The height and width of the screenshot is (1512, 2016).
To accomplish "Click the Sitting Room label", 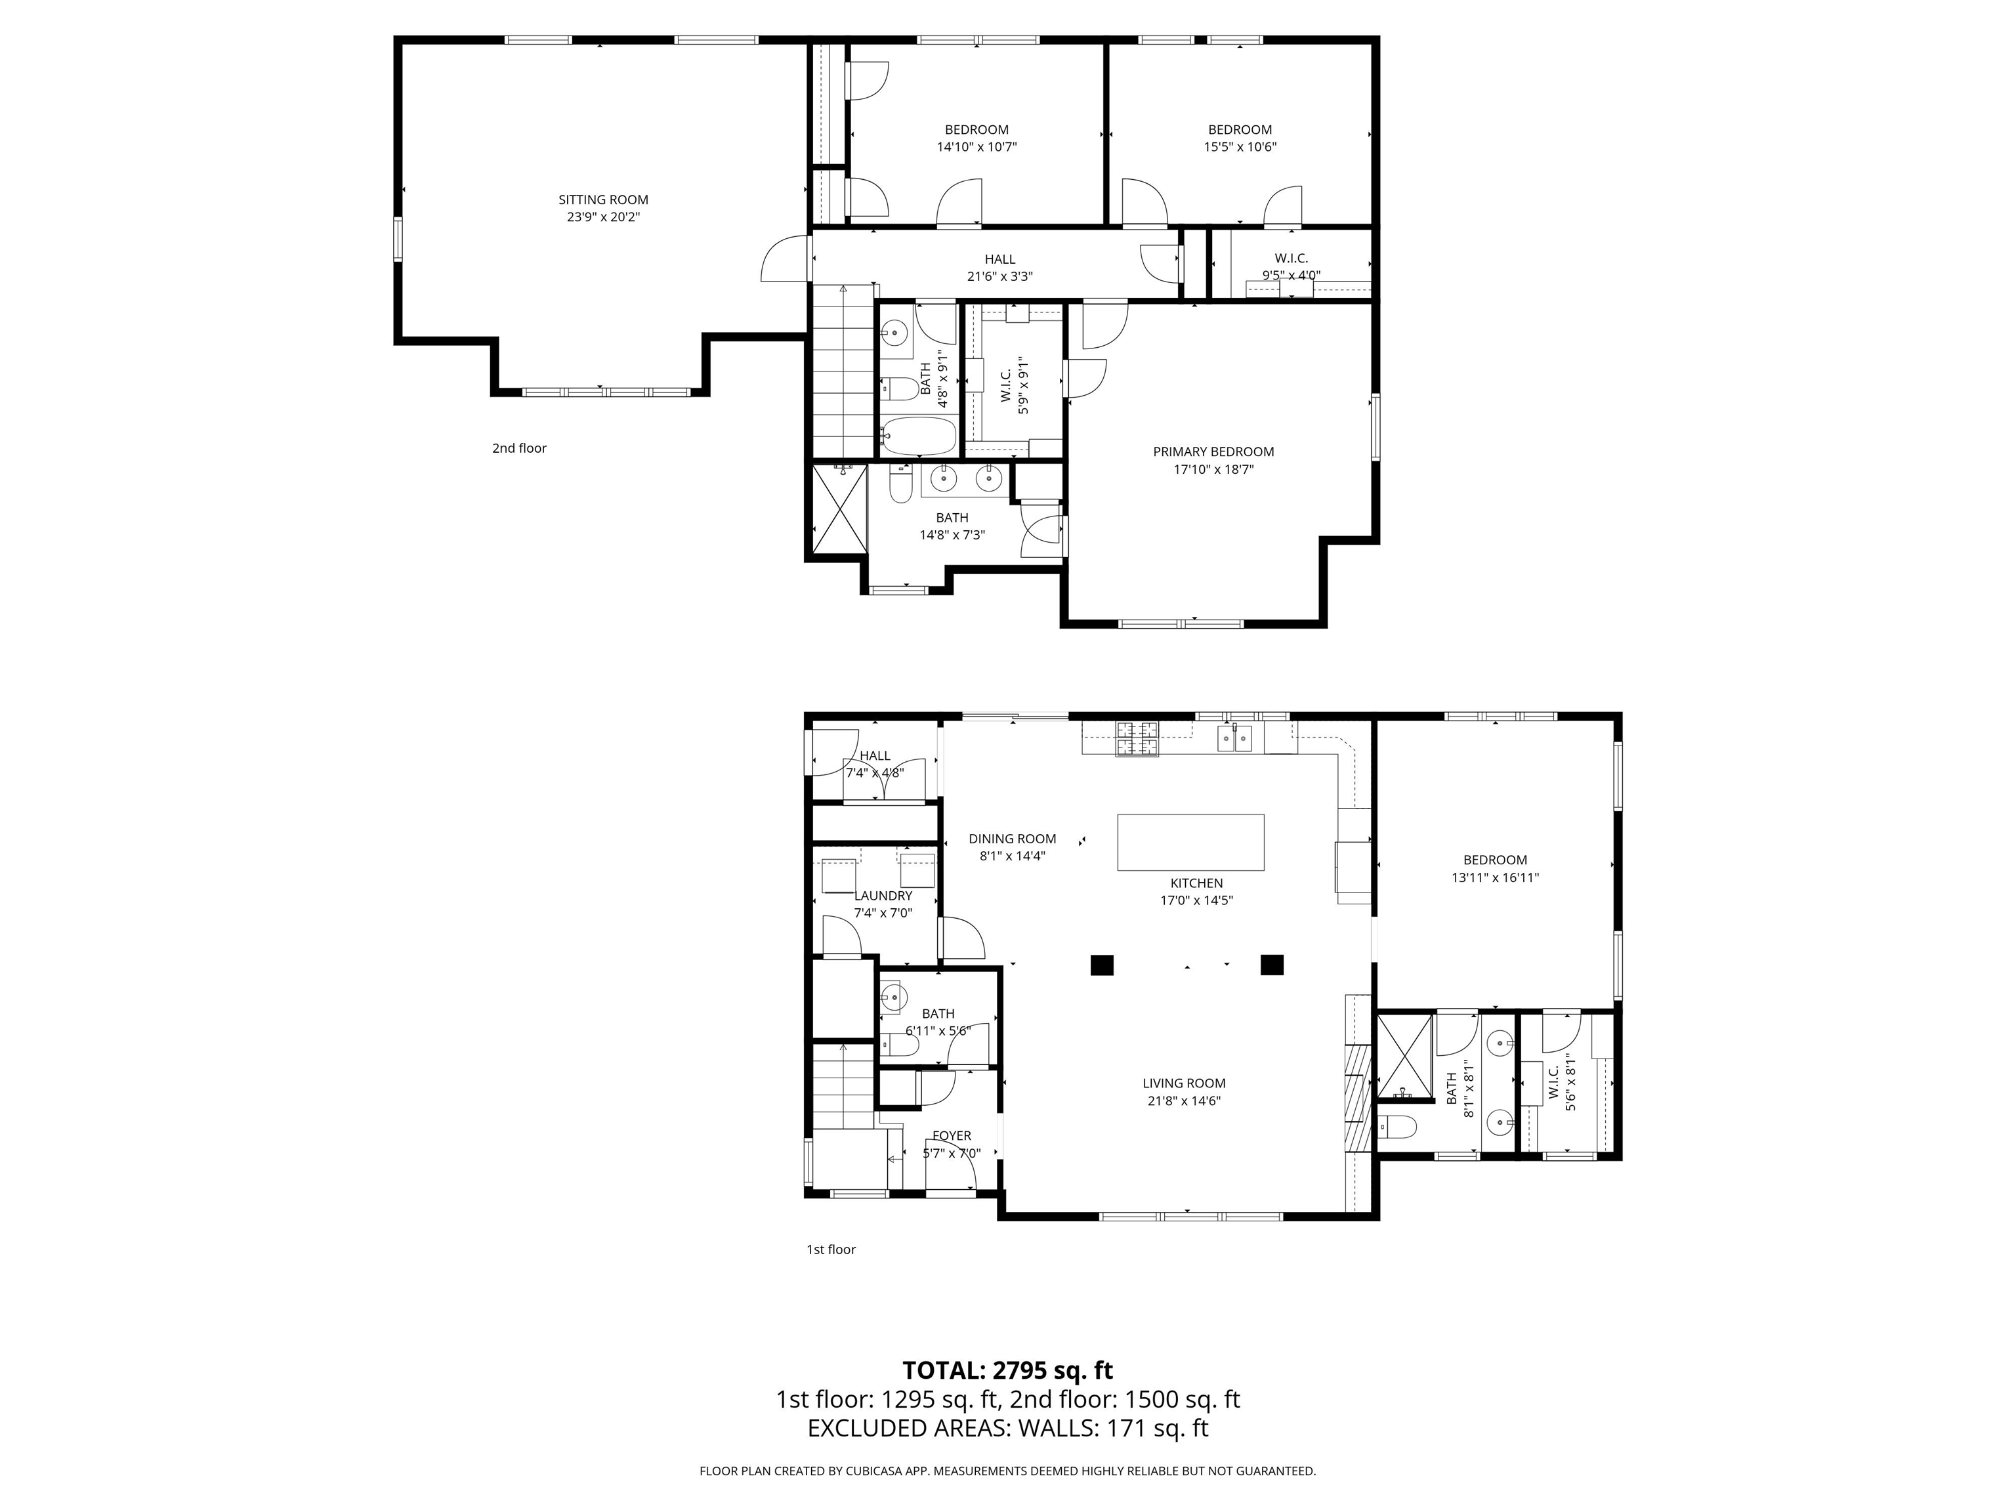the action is coord(603,199).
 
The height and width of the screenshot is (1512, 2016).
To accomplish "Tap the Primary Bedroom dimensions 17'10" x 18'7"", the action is coord(1213,469).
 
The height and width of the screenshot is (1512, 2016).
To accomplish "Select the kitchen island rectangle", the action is coord(1190,842).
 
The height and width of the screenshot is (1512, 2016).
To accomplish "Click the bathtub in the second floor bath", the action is coord(918,436).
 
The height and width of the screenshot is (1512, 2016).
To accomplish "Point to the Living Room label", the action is coord(1184,1083).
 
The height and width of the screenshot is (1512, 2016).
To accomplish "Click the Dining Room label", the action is coord(1013,839).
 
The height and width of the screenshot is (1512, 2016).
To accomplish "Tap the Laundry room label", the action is coord(883,896).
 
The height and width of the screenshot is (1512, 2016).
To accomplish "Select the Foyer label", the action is coord(952,1135).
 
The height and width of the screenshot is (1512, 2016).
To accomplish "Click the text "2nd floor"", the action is coord(520,448).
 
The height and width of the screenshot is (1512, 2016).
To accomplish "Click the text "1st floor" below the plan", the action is coord(831,1249).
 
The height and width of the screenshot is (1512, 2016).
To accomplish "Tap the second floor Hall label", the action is coord(1000,260).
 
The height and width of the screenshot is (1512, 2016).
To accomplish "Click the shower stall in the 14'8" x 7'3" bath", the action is coord(839,509).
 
